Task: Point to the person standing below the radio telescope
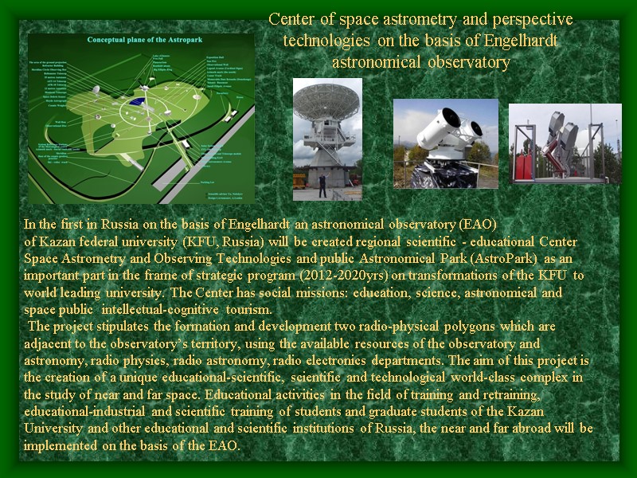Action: tap(321, 186)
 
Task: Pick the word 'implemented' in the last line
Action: tap(61, 445)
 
